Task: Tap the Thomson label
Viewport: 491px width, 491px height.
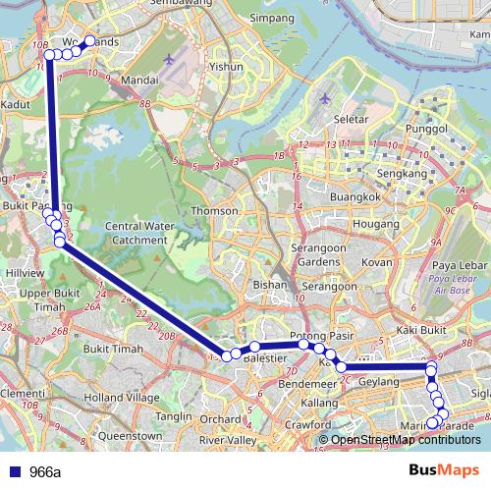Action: tap(215, 210)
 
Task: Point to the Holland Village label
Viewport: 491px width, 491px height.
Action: tap(122, 398)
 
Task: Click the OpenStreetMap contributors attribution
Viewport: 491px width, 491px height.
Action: tap(404, 439)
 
